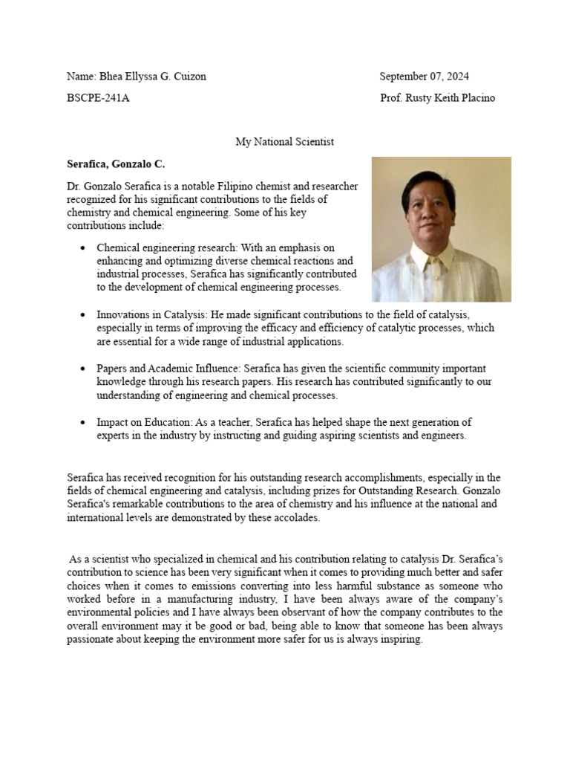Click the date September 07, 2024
424,77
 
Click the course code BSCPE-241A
98,98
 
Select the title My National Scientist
285,141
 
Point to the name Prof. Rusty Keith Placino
437,98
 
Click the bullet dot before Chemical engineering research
82,248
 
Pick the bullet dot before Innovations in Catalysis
82,316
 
